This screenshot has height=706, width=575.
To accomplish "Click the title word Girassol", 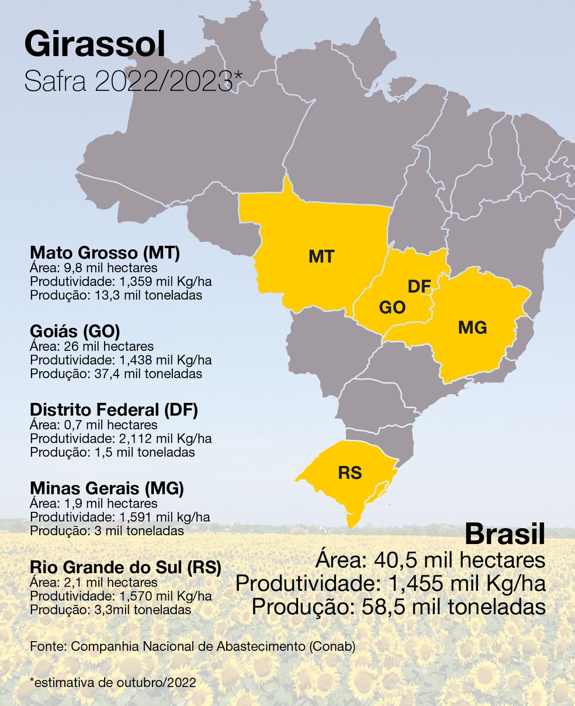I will (95, 45).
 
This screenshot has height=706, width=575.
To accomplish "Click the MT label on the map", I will (321, 256).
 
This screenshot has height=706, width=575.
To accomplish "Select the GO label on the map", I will (392, 308).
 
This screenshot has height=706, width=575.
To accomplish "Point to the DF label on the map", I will (419, 287).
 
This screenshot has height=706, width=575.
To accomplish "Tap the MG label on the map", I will (472, 328).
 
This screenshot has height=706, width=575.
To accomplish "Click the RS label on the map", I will (350, 473).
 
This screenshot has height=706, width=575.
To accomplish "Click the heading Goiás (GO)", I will (75, 331).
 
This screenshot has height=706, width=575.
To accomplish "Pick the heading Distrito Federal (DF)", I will (114, 410).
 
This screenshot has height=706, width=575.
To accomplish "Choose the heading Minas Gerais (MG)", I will (107, 488).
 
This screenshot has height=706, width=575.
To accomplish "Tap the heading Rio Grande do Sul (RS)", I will (126, 567).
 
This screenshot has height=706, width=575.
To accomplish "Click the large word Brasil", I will (504, 534).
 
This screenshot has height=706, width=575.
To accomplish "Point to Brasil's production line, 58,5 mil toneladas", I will (399, 607).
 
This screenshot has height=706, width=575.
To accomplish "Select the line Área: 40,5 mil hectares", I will (430, 560).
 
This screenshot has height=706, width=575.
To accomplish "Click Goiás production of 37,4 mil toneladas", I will (116, 373).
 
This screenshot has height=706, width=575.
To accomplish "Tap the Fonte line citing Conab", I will (192, 646).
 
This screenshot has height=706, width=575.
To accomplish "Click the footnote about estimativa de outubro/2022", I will (112, 681).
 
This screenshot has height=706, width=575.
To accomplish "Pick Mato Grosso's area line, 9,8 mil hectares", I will (93, 268).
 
